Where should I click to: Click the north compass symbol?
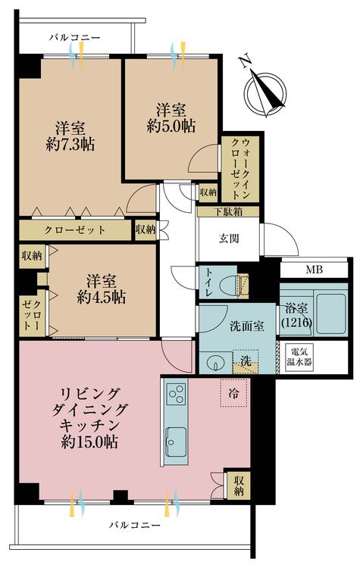click(x=265, y=92)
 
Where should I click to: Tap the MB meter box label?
click(x=314, y=270)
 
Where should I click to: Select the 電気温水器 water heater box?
click(x=299, y=357)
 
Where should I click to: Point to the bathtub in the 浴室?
click(x=330, y=314)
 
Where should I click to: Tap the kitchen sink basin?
click(x=177, y=440)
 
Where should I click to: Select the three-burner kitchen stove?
click(x=177, y=394)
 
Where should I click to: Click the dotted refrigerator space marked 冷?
click(x=233, y=392)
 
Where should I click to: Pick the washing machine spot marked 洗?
click(x=246, y=361)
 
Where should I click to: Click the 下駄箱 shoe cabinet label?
click(x=227, y=212)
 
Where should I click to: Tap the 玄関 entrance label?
click(x=229, y=239)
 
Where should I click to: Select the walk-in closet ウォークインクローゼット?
click(x=240, y=169)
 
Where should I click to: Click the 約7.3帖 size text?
click(x=70, y=145)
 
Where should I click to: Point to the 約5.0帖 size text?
click(x=171, y=126)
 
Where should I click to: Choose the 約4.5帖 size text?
click(x=101, y=298)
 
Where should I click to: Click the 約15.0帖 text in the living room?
click(x=89, y=442)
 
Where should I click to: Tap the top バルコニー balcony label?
click(x=75, y=37)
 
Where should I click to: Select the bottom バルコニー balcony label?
click(x=135, y=525)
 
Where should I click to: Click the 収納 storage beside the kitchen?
click(x=239, y=486)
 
